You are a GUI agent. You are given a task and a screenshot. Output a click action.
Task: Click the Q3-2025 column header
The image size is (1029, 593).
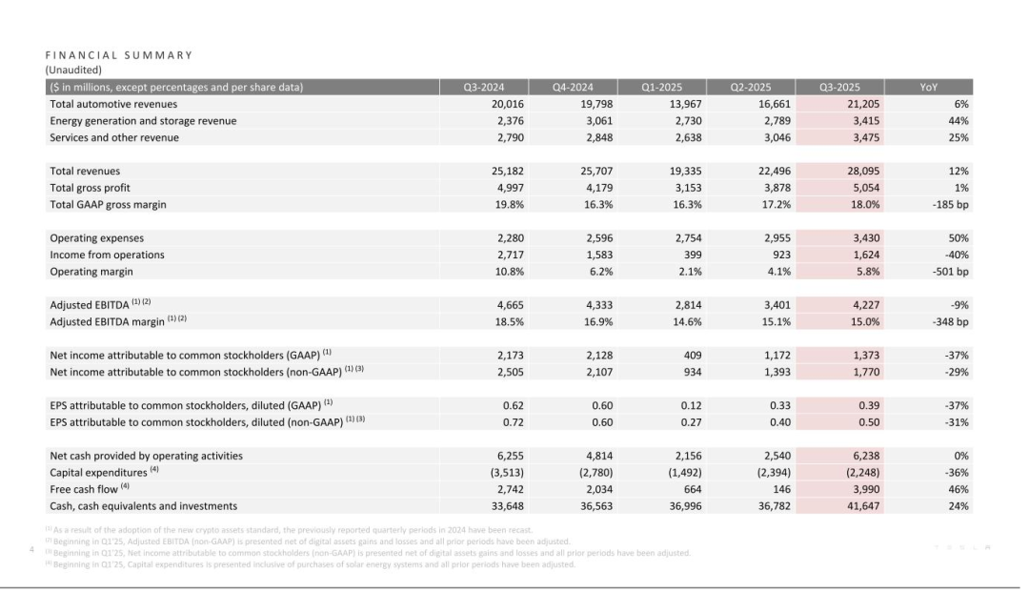click(x=837, y=88)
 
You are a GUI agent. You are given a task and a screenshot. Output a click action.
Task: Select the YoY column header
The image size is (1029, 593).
click(x=928, y=88)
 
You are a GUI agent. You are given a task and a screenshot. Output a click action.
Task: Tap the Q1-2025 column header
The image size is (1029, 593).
click(x=661, y=88)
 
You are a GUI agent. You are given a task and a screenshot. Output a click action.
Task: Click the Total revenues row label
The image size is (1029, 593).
click(x=85, y=171)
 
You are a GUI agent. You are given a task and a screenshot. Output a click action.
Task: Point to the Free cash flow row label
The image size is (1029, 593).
click(x=84, y=489)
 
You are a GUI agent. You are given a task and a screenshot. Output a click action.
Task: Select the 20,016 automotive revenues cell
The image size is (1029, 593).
click(x=505, y=104)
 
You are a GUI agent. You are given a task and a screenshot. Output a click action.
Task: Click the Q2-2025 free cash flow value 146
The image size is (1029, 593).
click(x=782, y=489)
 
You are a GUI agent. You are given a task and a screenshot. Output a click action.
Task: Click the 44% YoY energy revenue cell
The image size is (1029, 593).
click(x=958, y=121)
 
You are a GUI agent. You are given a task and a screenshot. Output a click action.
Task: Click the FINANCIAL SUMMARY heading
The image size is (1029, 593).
click(x=118, y=55)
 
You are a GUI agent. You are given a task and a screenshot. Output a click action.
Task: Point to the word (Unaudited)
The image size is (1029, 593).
click(x=73, y=70)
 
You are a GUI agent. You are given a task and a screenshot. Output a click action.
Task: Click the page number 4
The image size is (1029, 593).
click(x=32, y=548)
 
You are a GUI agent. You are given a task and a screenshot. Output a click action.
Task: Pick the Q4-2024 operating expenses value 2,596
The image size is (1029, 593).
click(x=595, y=237)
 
